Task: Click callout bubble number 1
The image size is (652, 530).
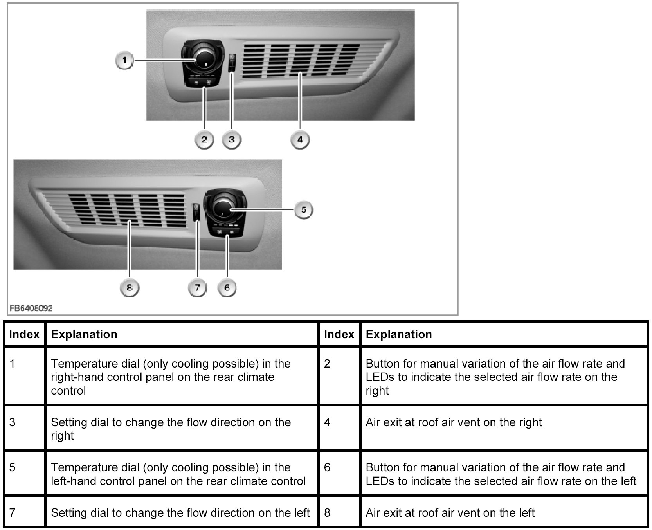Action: pos(124,61)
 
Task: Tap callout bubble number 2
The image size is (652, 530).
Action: pos(204,140)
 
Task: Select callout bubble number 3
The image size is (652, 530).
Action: pos(231,140)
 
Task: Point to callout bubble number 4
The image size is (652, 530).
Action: pos(300,140)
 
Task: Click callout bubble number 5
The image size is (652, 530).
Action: pos(303,210)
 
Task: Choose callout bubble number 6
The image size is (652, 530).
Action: pos(227,288)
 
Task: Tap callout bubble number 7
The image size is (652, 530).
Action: pos(197,288)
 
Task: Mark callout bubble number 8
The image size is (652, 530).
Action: pos(130,288)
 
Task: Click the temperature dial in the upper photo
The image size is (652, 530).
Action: pos(203,59)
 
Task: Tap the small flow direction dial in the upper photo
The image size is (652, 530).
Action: pos(232,62)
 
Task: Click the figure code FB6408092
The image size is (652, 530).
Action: pos(31,308)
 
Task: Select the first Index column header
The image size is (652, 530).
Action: pos(24,334)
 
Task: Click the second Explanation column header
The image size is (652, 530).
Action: pos(399,334)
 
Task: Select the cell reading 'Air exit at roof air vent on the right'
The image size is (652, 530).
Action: pos(454,422)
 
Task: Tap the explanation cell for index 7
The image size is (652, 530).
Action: pos(180,512)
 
